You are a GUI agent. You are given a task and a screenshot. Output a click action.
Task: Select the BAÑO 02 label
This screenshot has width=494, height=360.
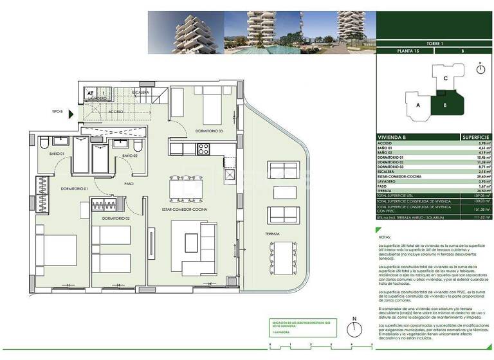pyautogui.click(x=131, y=155)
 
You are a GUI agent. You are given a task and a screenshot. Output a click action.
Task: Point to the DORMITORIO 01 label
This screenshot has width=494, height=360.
pyautogui.click(x=75, y=189)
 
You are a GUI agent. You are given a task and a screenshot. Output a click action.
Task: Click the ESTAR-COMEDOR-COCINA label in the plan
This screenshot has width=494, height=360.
pyautogui.click(x=185, y=210)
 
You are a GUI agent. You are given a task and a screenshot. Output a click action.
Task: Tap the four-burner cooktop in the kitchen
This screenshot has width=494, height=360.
pyautogui.click(x=204, y=149)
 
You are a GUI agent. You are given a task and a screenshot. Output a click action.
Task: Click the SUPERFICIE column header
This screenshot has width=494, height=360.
pyautogui.click(x=476, y=138)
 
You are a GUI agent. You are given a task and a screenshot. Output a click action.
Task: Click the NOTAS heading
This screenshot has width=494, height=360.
pyautogui.click(x=384, y=237)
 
